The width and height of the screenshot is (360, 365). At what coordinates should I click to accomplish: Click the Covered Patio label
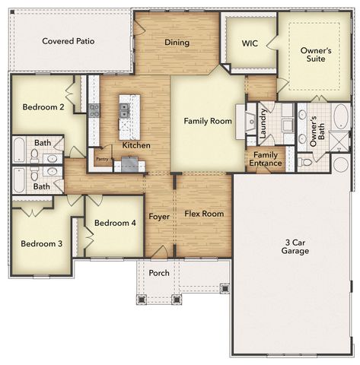tap(68, 41)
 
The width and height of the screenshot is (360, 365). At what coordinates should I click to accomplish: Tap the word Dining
tap(177, 43)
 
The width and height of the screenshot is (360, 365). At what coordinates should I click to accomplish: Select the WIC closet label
tap(250, 43)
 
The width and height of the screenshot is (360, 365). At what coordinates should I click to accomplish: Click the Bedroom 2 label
tap(42, 107)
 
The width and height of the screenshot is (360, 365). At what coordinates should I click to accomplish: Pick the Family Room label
tap(207, 121)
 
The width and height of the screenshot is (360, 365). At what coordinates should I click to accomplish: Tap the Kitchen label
tap(135, 145)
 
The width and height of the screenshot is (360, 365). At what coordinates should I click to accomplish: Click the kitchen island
tap(130, 116)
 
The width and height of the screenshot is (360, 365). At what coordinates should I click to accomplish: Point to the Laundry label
tap(263, 122)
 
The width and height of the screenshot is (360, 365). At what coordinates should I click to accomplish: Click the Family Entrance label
tap(266, 159)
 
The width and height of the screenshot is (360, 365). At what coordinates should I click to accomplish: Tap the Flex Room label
tap(204, 214)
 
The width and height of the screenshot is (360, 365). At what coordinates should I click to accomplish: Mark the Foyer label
tap(159, 217)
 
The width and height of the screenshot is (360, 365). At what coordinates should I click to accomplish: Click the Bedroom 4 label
tap(114, 224)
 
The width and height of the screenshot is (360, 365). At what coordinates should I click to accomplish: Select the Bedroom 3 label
tap(41, 244)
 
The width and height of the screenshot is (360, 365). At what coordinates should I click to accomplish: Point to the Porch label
tap(159, 273)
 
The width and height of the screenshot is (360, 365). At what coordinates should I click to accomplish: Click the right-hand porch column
tap(224, 288)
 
